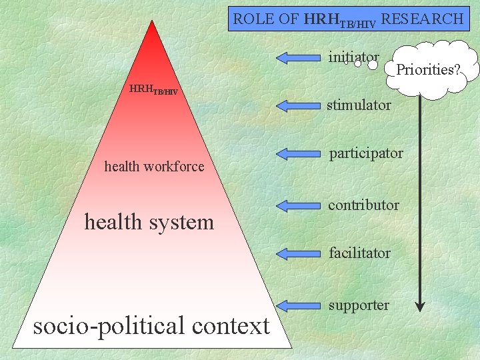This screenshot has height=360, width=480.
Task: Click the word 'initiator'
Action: pyautogui.click(x=353, y=57)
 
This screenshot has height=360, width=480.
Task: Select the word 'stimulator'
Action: pyautogui.click(x=359, y=105)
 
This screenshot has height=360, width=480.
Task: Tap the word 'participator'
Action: pyautogui.click(x=366, y=153)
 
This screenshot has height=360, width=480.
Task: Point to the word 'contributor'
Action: pyautogui.click(x=363, y=205)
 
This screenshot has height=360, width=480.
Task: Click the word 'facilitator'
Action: pyautogui.click(x=359, y=253)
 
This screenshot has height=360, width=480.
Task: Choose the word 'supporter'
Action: pyautogui.click(x=359, y=305)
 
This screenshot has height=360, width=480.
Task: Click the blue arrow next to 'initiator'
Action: pyautogui.click(x=298, y=57)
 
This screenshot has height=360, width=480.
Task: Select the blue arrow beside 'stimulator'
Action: pyautogui.click(x=298, y=105)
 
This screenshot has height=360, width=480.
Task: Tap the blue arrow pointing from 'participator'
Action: pyautogui.click(x=298, y=154)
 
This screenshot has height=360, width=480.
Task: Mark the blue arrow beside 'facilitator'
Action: pyautogui.click(x=298, y=253)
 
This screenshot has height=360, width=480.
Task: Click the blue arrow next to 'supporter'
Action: pyautogui.click(x=298, y=305)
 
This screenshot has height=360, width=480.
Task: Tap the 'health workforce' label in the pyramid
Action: pyautogui.click(x=154, y=167)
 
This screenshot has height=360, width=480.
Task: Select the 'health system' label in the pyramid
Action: pyautogui.click(x=149, y=221)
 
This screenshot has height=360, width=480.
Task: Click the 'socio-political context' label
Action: pyautogui.click(x=151, y=326)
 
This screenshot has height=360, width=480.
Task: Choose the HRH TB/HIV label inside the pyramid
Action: pyautogui.click(x=153, y=89)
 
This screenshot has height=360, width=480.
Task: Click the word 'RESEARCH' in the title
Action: pyautogui.click(x=422, y=19)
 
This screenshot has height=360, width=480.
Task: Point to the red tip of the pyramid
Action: pyautogui.click(x=153, y=30)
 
